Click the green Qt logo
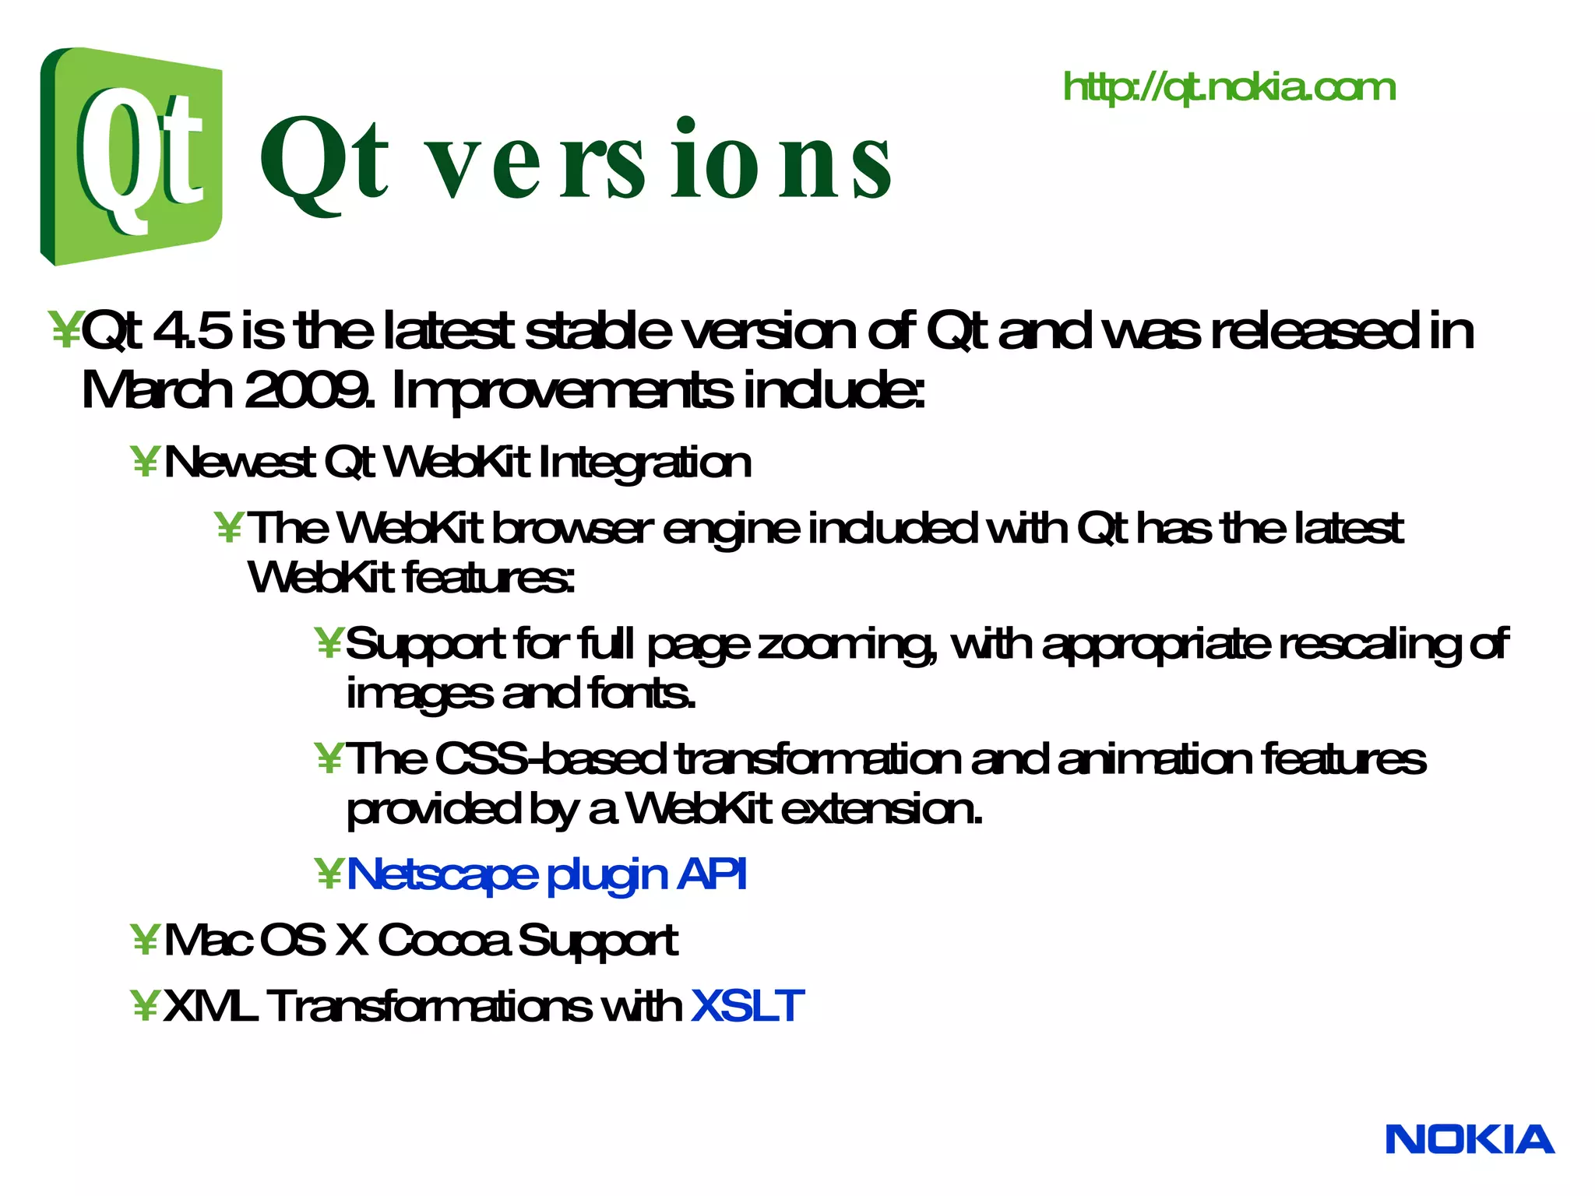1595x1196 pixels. (x=131, y=156)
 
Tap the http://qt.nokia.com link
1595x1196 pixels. (x=1229, y=87)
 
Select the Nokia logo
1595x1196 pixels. (x=1470, y=1140)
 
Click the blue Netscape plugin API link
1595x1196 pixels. (x=546, y=874)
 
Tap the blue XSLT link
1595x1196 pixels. (x=746, y=1006)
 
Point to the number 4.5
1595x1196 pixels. (x=192, y=331)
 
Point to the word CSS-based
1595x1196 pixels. (x=550, y=759)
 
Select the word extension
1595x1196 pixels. (x=880, y=810)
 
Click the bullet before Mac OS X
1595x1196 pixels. (x=145, y=941)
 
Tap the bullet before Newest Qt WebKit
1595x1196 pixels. (x=145, y=463)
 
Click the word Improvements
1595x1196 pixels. (x=561, y=390)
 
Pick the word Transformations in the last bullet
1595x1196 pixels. (x=428, y=1006)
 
